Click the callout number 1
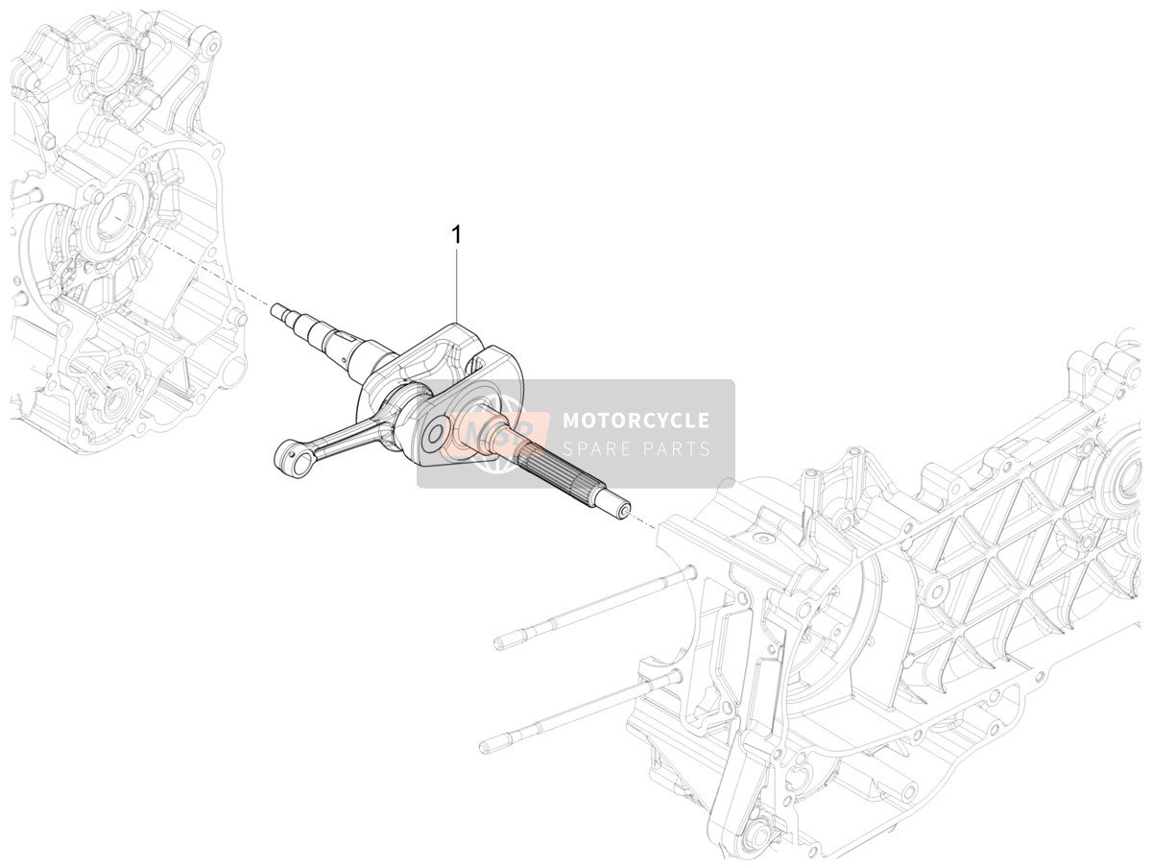click(x=458, y=235)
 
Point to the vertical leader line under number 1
click(x=458, y=286)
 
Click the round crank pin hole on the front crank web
click(x=435, y=433)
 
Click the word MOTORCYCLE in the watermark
click(x=636, y=421)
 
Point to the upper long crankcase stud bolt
click(x=594, y=608)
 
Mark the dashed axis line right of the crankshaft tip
click(x=643, y=522)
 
